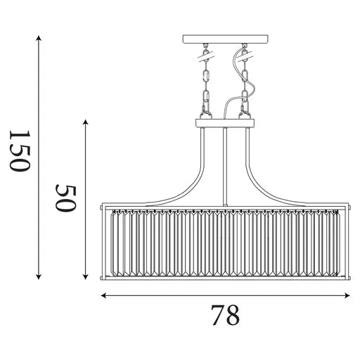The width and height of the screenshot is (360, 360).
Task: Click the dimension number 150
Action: (20, 151)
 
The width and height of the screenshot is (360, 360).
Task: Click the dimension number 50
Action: (66, 198)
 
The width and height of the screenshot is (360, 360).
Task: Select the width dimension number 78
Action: (226, 315)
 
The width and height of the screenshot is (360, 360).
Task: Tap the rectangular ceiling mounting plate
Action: (226, 39)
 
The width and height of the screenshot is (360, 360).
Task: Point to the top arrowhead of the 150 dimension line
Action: (39, 38)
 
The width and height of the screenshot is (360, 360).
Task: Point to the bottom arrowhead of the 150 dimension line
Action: (39, 277)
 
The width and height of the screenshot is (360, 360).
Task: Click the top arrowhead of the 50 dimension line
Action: (86, 122)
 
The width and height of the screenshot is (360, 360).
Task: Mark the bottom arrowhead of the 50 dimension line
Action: (86, 277)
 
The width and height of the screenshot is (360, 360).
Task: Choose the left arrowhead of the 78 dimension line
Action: (104, 295)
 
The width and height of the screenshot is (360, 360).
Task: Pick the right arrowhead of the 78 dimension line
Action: (347, 295)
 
